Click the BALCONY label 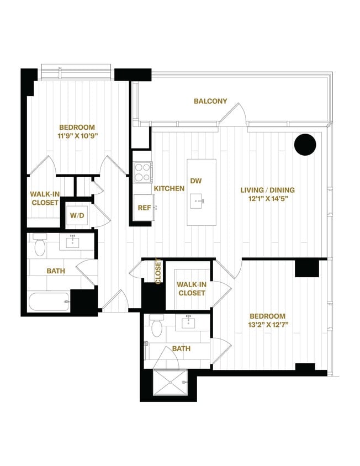coord(210,101)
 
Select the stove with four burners coord(143,171)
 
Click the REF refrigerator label coord(143,208)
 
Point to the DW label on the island coord(196,181)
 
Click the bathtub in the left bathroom coord(49,301)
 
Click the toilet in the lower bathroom coord(156,327)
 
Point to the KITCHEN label coord(169,189)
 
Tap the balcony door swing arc coord(234,115)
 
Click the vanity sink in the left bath coord(72,241)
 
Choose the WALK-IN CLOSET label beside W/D coord(44,198)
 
